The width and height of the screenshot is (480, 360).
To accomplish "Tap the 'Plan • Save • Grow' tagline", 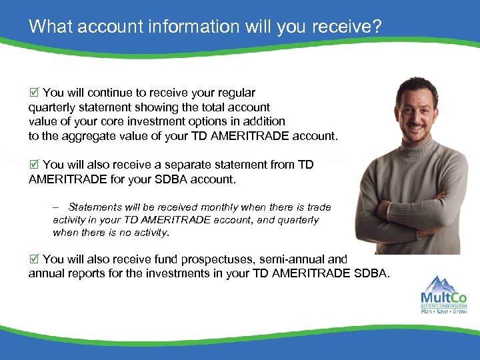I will click(x=443, y=311).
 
